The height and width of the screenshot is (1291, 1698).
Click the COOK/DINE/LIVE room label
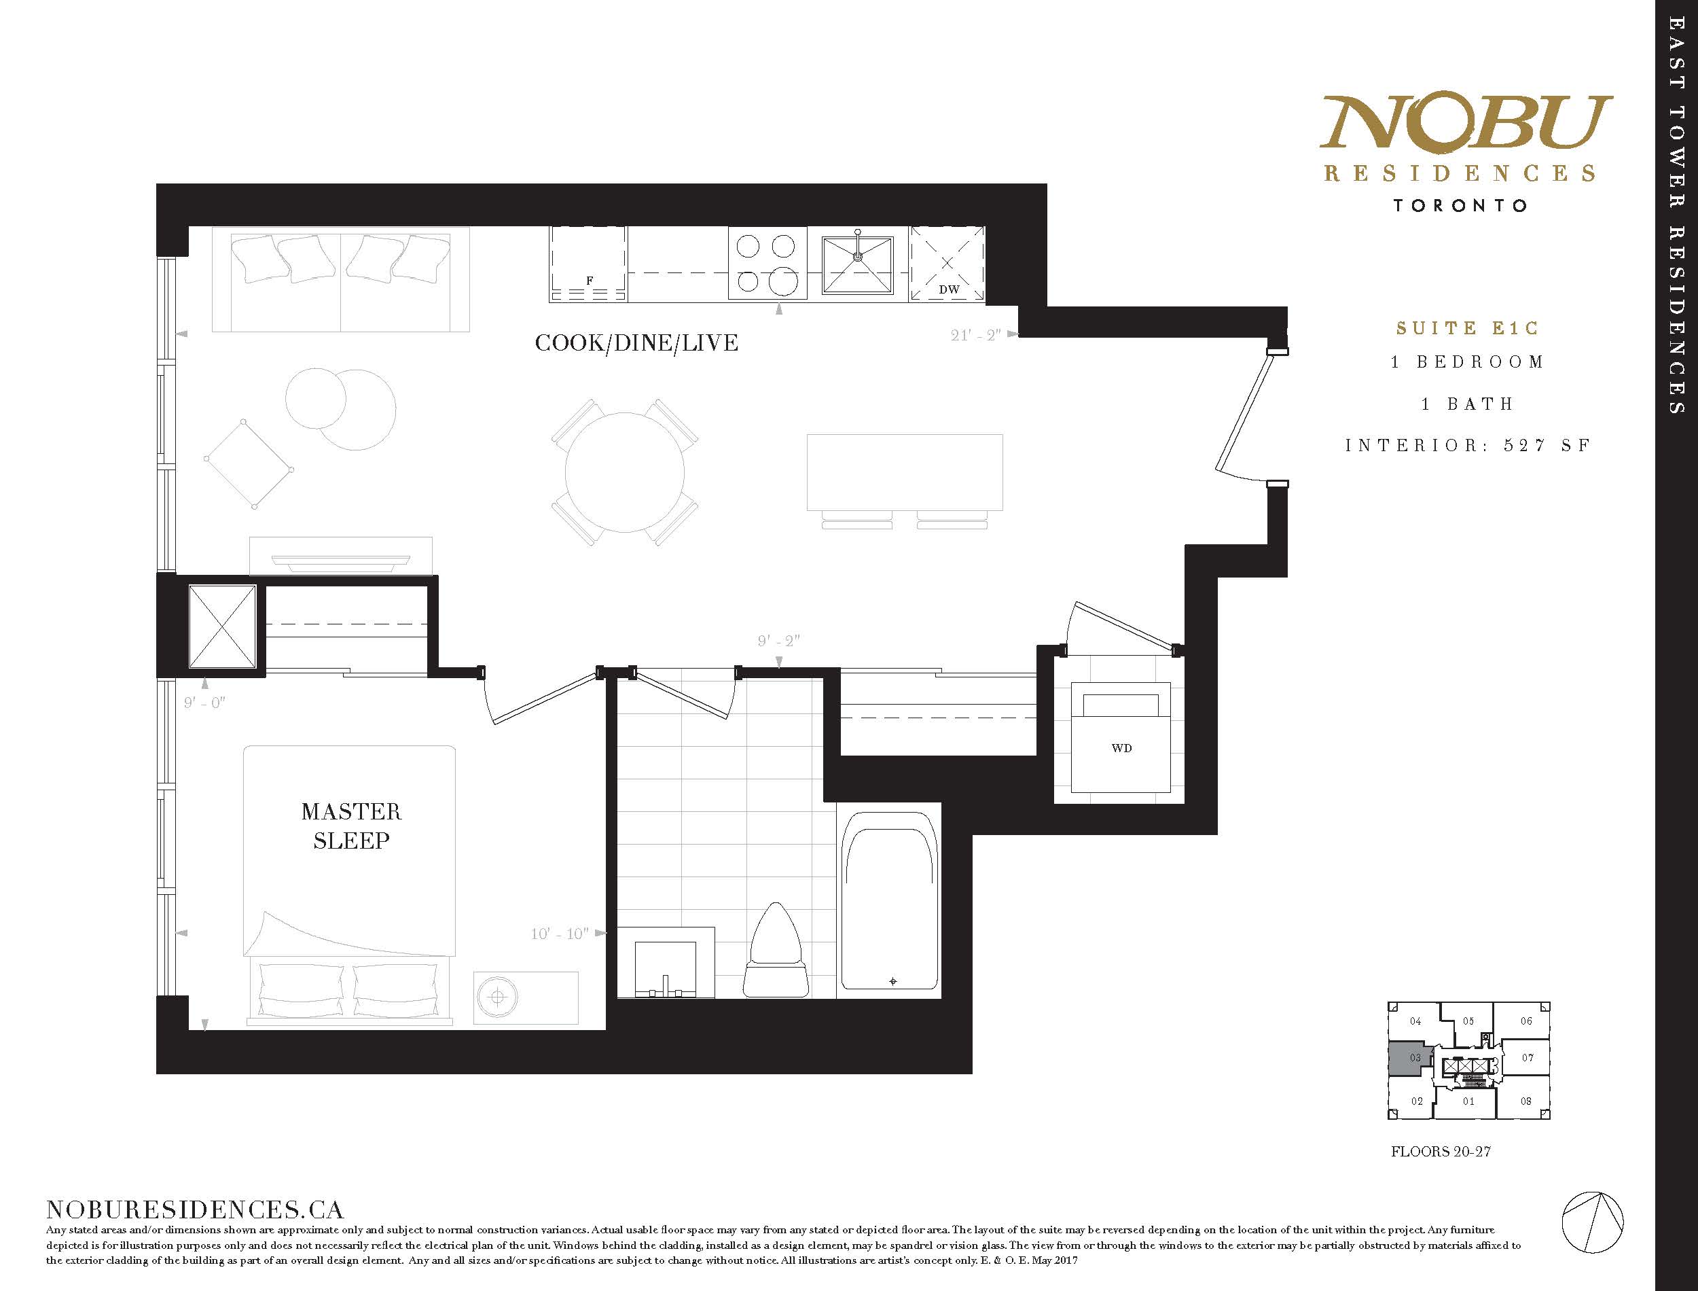[636, 342]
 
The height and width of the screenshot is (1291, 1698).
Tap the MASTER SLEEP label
[351, 826]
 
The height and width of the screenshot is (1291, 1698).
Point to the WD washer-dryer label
[1121, 747]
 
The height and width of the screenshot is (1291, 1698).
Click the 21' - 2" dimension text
[975, 335]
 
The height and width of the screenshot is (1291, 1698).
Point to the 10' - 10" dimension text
[560, 934]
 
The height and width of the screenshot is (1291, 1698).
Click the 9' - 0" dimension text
[204, 703]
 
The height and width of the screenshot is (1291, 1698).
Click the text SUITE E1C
[1467, 328]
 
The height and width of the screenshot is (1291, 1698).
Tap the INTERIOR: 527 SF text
[1467, 446]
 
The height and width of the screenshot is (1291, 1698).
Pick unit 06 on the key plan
[1526, 1021]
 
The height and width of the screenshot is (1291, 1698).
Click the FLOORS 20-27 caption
[1441, 1173]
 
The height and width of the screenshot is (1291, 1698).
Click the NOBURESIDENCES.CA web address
[194, 1209]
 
